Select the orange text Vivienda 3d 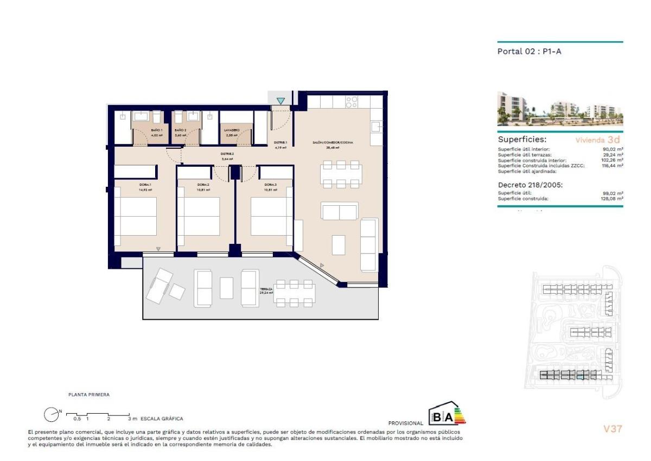click(x=597, y=140)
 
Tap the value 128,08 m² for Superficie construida click(x=614, y=199)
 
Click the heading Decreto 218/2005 click(x=530, y=185)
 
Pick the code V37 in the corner click(x=613, y=429)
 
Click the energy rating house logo click(x=447, y=414)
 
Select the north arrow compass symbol click(x=51, y=415)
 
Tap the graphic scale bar click(x=98, y=416)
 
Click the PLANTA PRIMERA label click(x=88, y=395)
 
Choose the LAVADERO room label click(x=232, y=131)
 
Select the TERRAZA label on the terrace click(x=266, y=289)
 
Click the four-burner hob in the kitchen click(x=352, y=102)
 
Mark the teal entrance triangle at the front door click(x=280, y=100)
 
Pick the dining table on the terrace click(x=293, y=293)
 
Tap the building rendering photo click(x=560, y=109)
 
